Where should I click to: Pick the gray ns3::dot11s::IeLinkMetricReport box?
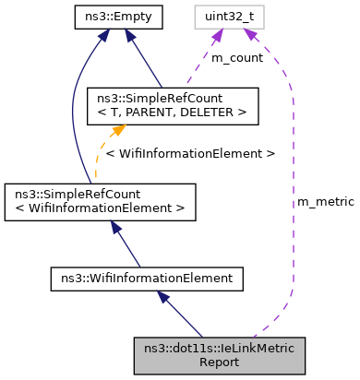(219, 354)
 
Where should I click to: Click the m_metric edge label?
(324, 201)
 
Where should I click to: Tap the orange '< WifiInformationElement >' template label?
(190, 154)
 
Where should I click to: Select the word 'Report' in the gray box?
(219, 362)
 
